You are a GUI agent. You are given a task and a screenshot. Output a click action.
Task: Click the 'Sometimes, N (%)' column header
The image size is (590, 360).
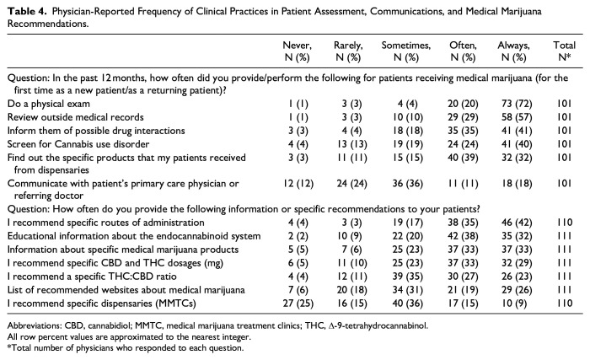[x=406, y=51]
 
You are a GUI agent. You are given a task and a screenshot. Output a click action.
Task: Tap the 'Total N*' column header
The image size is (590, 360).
[x=564, y=51]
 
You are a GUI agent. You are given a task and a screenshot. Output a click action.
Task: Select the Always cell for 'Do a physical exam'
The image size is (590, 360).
[x=517, y=104]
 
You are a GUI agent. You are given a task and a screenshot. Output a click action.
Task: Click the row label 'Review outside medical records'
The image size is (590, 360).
[x=76, y=117]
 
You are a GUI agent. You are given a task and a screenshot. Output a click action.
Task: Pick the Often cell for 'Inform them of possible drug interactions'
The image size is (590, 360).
[x=463, y=131]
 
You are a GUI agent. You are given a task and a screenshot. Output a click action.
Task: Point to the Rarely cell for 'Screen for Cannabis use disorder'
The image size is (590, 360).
[x=351, y=144]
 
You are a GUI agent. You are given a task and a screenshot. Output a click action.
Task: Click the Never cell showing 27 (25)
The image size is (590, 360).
[x=298, y=304]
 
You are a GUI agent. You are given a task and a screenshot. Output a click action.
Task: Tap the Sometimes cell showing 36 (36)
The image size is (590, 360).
[x=407, y=184]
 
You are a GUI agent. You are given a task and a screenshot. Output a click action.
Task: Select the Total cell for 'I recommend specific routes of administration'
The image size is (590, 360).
[x=565, y=223]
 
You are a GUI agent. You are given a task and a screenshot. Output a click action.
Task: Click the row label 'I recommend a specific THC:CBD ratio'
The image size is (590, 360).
[x=92, y=277]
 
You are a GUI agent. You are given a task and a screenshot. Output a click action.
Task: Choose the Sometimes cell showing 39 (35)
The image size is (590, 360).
[x=407, y=277]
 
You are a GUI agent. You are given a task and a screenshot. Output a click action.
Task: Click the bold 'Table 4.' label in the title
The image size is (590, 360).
[x=28, y=11]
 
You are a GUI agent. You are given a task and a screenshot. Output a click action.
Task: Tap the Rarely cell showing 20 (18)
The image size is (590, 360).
[x=351, y=290]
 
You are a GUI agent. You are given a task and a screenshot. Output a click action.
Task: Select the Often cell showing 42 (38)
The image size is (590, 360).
[x=463, y=236]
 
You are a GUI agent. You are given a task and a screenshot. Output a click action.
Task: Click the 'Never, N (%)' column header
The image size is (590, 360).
[x=298, y=51]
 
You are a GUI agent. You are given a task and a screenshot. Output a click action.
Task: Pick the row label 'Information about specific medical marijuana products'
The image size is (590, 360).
[x=123, y=250]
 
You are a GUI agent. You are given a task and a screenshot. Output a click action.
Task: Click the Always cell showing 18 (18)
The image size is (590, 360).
[x=517, y=184]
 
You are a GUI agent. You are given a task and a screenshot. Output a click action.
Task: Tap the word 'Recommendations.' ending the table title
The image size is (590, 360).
[x=48, y=24]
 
